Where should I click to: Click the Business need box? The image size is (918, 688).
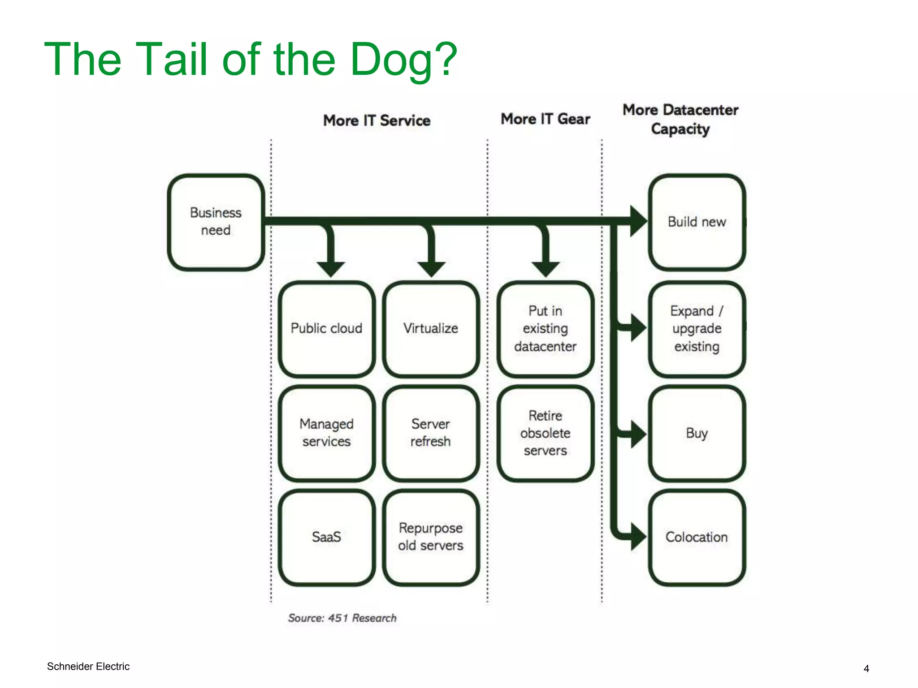(x=216, y=222)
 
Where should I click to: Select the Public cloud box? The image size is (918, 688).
(x=326, y=329)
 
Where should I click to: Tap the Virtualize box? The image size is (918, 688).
(x=431, y=329)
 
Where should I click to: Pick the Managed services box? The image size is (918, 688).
(x=326, y=433)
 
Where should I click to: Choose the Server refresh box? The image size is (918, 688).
(x=431, y=433)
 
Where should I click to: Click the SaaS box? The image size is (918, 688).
(x=326, y=537)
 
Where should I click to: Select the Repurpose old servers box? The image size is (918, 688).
(x=431, y=537)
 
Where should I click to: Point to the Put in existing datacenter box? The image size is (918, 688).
(x=545, y=329)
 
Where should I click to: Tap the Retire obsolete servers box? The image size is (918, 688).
(x=545, y=433)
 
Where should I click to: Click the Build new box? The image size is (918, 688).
(x=697, y=222)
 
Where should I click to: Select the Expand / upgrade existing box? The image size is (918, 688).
(x=697, y=329)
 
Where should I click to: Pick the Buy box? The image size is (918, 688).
(x=697, y=433)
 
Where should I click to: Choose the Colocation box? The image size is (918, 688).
(x=697, y=537)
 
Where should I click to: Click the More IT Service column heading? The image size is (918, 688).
(x=377, y=120)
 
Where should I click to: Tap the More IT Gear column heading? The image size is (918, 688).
(x=545, y=119)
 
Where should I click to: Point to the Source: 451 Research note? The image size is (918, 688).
(x=342, y=618)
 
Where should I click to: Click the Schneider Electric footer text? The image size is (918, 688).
(x=88, y=666)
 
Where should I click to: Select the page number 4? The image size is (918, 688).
(x=866, y=669)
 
